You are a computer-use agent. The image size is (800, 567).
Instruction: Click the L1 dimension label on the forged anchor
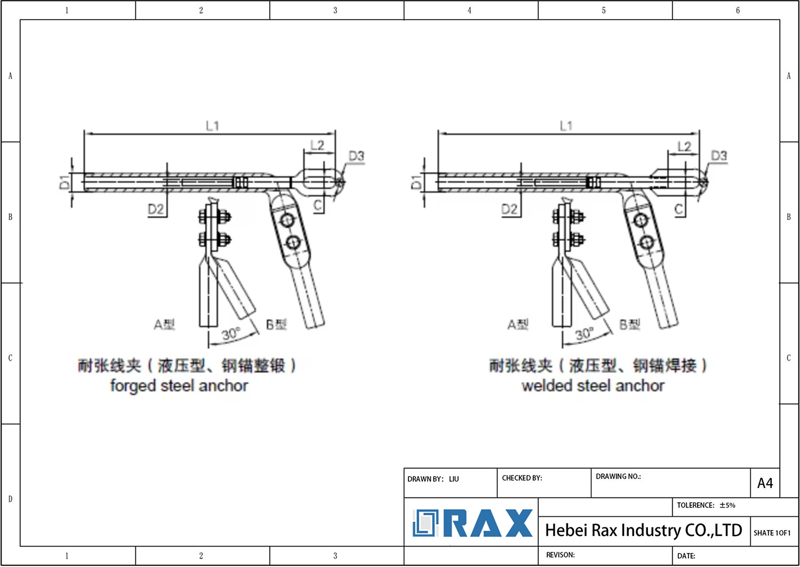coord(212,126)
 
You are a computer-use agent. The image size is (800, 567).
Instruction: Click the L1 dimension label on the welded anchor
coord(566,126)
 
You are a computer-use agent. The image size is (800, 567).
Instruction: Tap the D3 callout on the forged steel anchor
coord(356,156)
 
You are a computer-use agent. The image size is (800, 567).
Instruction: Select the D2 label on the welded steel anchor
coord(509,209)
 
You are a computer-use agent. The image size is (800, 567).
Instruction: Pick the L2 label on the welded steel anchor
coord(684,146)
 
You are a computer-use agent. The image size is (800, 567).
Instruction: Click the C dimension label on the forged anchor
coord(318,205)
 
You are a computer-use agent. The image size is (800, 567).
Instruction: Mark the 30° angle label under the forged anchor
coord(231,334)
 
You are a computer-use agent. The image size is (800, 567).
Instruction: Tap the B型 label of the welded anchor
coord(630,324)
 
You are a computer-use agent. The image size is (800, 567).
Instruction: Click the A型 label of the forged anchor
coord(164,324)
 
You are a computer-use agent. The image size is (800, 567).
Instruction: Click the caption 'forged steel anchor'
coord(179,385)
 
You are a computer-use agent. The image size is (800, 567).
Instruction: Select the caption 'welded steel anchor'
coord(593,385)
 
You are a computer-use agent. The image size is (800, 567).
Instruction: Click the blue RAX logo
coord(473,523)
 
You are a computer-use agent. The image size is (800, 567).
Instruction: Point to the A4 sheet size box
coord(765,483)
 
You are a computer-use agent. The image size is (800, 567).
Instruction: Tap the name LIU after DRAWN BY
coord(454,479)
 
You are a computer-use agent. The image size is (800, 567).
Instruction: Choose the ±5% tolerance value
coord(727,505)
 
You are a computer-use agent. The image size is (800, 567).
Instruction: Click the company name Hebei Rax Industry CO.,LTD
coord(643,530)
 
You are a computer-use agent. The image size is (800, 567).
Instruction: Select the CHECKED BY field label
coord(522,478)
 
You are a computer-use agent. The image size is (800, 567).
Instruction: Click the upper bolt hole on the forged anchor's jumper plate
coord(287,220)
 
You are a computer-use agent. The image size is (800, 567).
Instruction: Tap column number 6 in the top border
coord(738,10)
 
